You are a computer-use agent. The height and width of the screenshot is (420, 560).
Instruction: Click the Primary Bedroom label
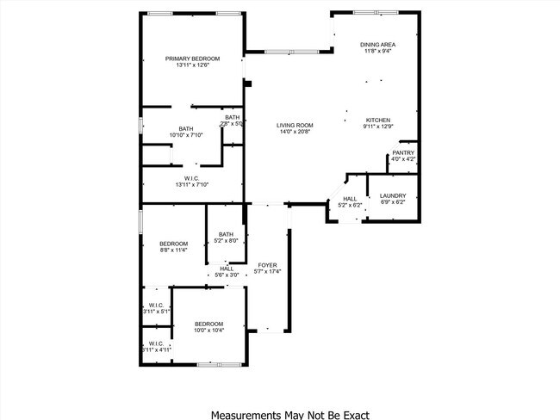tap(193, 59)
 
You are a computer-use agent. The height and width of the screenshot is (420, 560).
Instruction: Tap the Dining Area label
tap(377, 44)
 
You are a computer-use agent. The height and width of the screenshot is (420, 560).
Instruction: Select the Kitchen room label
tap(379, 120)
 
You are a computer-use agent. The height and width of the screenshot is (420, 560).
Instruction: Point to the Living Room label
tap(295, 125)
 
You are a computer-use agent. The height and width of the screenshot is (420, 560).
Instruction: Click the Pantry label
tap(403, 152)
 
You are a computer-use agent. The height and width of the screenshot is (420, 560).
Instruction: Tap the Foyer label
tap(268, 264)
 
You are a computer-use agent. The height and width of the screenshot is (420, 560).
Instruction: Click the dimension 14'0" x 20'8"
tap(295, 132)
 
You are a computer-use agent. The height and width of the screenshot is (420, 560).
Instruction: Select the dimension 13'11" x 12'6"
tap(193, 65)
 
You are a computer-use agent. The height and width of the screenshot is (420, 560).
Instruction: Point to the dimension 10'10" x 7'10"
tap(186, 135)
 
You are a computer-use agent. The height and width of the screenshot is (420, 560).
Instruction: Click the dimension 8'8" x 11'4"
tap(173, 250)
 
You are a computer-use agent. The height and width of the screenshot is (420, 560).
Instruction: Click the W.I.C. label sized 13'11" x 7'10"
tap(192, 178)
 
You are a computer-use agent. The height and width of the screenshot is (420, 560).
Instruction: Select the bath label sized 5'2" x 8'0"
tap(227, 234)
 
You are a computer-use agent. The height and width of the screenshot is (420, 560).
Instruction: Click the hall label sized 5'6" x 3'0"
tap(227, 268)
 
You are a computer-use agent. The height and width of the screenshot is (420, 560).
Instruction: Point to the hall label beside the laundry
tap(350, 199)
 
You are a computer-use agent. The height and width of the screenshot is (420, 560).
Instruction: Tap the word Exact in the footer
tap(354, 414)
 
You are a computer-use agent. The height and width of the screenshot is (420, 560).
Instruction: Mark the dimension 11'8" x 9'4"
tap(377, 51)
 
